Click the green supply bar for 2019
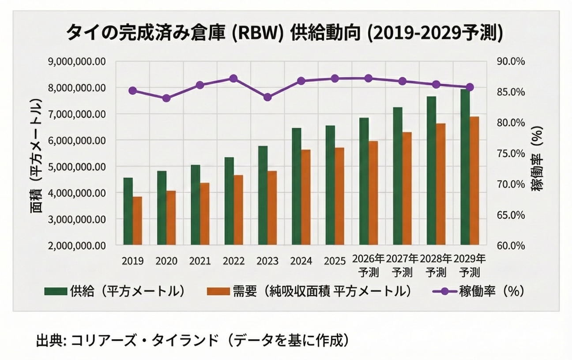(x=128, y=211)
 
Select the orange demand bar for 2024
(x=305, y=197)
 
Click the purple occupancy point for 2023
(x=267, y=97)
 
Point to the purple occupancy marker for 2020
(x=166, y=98)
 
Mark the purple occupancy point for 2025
(x=335, y=79)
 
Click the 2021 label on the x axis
(x=200, y=261)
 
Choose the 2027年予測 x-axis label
(x=402, y=265)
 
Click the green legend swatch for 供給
(x=55, y=292)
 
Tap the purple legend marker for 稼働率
(x=441, y=292)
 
